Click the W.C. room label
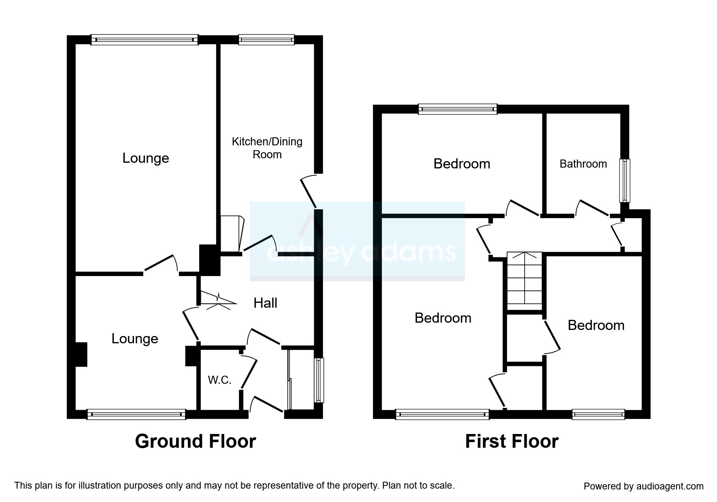[219, 380]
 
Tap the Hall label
[265, 303]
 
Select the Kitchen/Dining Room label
[267, 148]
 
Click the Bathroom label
[583, 164]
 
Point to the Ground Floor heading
[195, 441]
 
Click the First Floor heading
[511, 441]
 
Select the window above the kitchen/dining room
[266, 39]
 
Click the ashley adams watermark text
[360, 252]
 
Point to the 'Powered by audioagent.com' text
[643, 486]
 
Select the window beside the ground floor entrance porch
[319, 380]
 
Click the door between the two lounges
[161, 264]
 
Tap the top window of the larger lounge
[144, 39]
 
